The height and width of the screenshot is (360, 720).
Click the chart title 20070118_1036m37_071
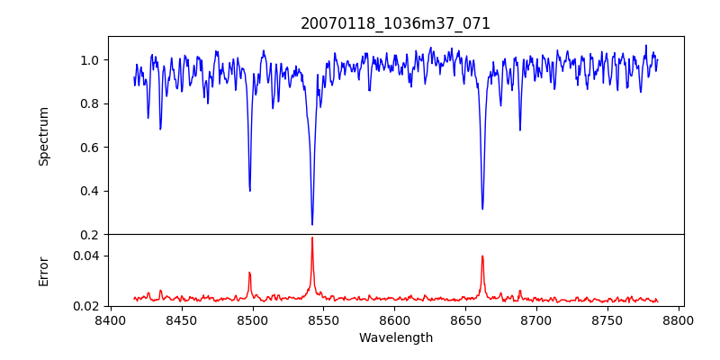395,23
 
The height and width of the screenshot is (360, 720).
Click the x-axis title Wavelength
395,337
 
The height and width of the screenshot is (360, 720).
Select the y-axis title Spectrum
43,136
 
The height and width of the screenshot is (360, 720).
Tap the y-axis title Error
43,270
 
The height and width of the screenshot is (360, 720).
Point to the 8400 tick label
110,319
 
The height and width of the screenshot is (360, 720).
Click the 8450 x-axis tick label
181,319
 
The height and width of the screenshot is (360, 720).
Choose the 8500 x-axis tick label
252,319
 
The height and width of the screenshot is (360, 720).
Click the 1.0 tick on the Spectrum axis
91,60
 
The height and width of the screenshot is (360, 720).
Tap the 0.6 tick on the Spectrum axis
91,148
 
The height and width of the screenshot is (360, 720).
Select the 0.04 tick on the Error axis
87,256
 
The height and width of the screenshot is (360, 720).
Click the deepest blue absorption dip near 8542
312,224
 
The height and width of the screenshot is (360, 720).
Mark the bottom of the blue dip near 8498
249,190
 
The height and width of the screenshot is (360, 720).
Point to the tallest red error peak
312,238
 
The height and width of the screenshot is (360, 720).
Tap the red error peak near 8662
482,256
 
